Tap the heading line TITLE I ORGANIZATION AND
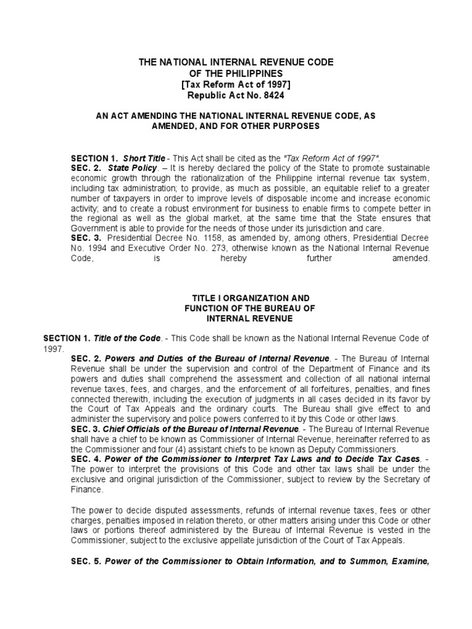coord(236,297)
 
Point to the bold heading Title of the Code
coord(127,338)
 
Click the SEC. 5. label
coord(85,560)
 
